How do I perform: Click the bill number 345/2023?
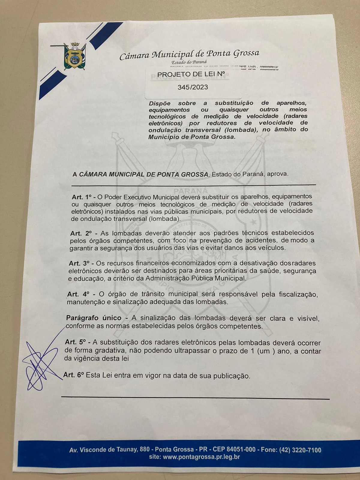point(193,87)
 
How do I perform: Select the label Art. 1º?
point(81,197)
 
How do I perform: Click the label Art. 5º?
point(75,342)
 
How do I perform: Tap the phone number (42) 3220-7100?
point(300,450)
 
